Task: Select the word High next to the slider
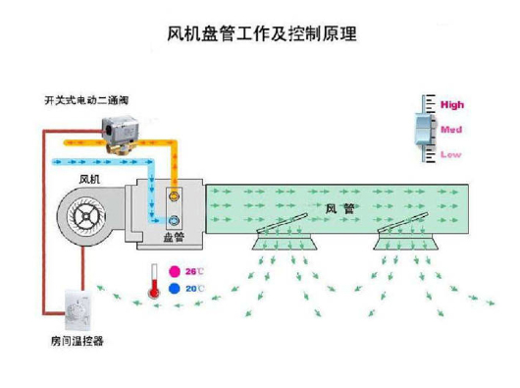point(452,104)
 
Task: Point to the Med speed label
point(451,129)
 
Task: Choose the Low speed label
point(450,153)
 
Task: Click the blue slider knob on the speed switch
point(423,129)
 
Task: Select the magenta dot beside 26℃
point(175,270)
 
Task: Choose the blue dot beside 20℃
point(175,289)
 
